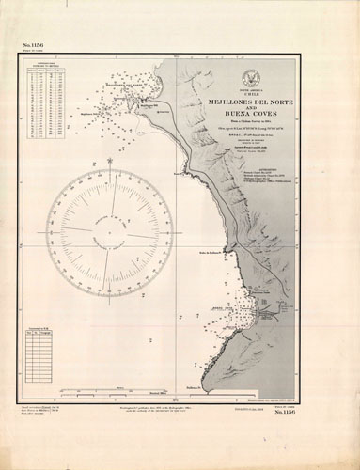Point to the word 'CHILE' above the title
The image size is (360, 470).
(x=257, y=94)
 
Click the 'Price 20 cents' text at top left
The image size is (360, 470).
(x=32, y=54)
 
